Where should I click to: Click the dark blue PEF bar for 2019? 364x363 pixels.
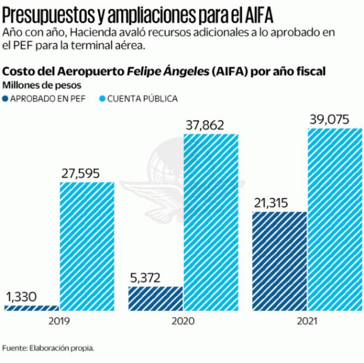pyautogui.click(x=32, y=307)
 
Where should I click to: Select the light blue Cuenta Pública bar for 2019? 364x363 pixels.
pyautogui.click(x=88, y=246)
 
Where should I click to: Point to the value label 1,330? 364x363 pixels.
pyautogui.click(x=21, y=296)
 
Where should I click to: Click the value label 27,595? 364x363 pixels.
pyautogui.click(x=80, y=173)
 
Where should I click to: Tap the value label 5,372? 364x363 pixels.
pyautogui.click(x=145, y=278)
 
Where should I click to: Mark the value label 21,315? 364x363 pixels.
pyautogui.click(x=273, y=203)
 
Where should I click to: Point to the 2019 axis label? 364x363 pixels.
pyautogui.click(x=59, y=321)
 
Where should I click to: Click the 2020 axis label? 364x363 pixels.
pyautogui.click(x=183, y=321)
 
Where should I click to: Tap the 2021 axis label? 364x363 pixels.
pyautogui.click(x=307, y=321)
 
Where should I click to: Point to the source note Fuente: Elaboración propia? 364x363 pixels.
pyautogui.click(x=48, y=348)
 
